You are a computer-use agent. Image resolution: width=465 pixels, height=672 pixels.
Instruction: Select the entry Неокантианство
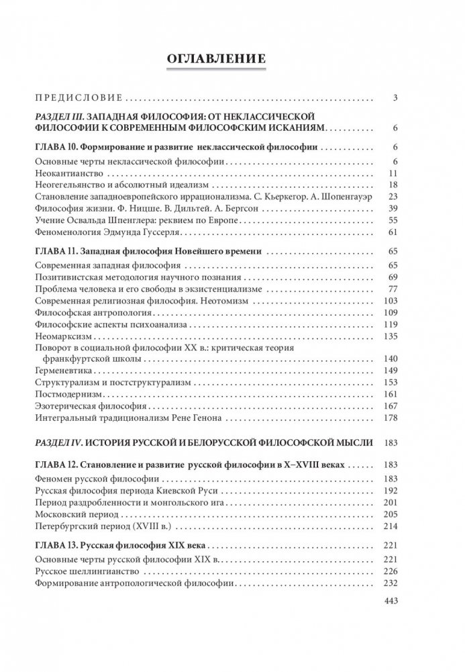[x=64, y=173]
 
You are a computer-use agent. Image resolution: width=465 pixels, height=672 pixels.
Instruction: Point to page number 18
[x=394, y=185]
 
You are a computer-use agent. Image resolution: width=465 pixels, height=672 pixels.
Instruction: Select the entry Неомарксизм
[x=60, y=337]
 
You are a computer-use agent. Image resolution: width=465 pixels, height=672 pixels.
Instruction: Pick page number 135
[x=392, y=337]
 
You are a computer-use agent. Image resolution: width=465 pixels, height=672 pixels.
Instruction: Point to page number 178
[x=392, y=418]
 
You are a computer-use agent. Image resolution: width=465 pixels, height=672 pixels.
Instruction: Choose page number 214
[x=392, y=524]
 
